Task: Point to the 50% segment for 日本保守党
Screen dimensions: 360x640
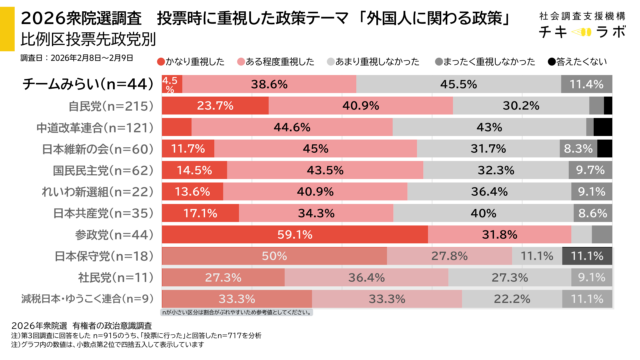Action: pyautogui.click(x=270, y=256)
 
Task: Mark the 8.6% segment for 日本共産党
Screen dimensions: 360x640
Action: pyautogui.click(x=591, y=213)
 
